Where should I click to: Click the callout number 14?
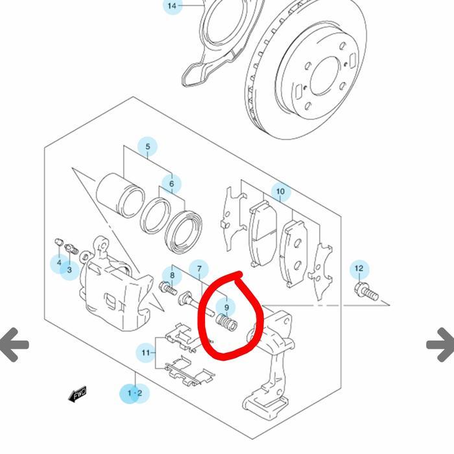coord(172,6)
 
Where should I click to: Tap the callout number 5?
coord(147,147)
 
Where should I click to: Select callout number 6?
coord(171,184)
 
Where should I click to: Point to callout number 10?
coord(280,192)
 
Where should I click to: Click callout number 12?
coord(359,269)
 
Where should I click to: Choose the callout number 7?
coord(199,269)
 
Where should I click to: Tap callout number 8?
coord(172,276)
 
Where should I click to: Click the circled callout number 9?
coord(226,307)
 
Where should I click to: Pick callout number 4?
coord(59,263)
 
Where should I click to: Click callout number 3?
coord(69,270)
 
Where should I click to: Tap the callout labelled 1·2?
coord(134,393)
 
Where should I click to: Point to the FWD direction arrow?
coord(77,394)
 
